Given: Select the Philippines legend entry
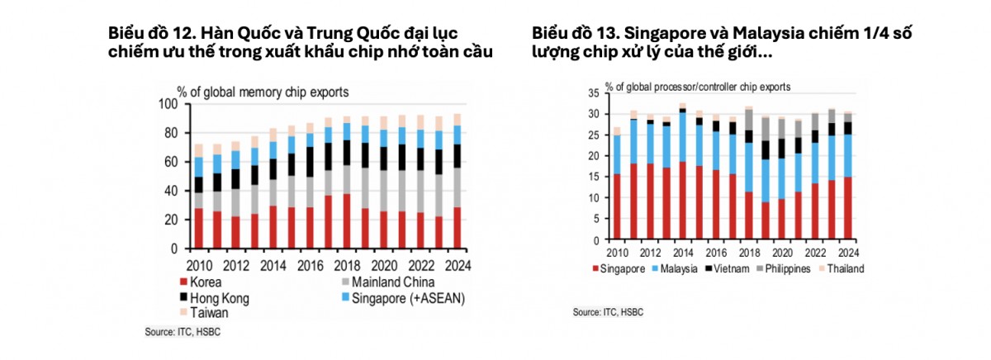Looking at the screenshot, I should tap(784, 269).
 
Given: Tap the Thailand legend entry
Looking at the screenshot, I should tap(842, 269).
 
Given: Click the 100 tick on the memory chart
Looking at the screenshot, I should tap(168, 104).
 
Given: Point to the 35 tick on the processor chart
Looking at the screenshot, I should tap(593, 93).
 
